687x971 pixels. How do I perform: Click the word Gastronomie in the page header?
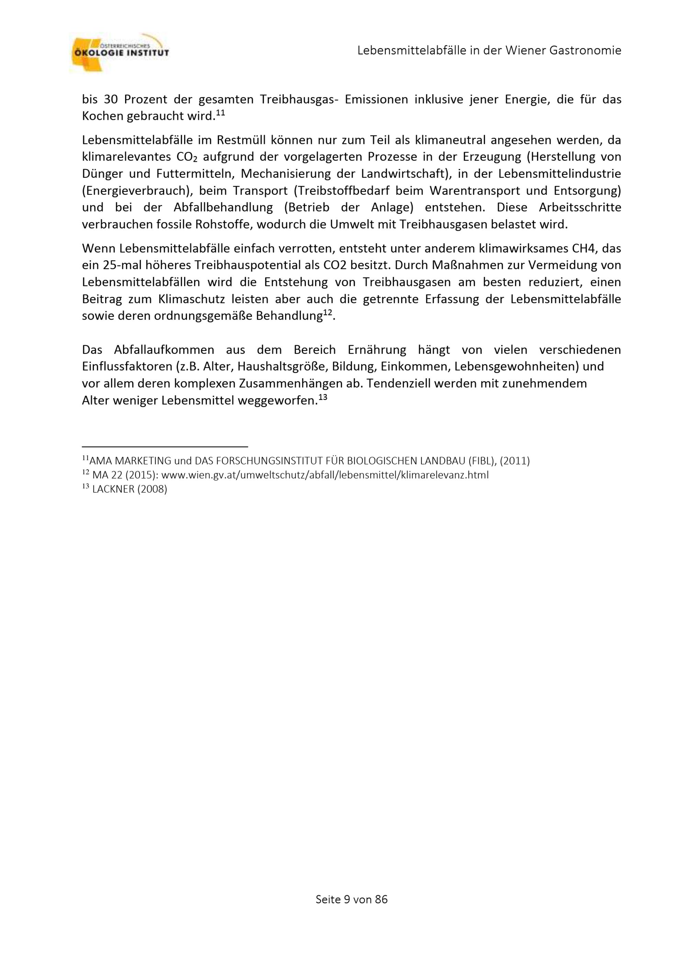tap(585, 51)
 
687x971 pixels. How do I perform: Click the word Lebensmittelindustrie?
tap(560, 174)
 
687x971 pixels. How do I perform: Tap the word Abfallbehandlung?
tap(223, 208)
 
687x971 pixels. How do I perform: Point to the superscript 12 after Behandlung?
tap(327, 313)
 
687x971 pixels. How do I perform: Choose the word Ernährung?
tap(376, 350)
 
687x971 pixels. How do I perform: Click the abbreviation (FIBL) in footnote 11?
tap(481, 460)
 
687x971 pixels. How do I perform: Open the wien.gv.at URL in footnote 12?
tap(325, 475)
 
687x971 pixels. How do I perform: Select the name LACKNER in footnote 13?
tap(113, 489)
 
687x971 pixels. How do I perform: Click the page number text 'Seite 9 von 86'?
tap(351, 900)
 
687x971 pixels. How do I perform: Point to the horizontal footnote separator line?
tap(165, 446)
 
